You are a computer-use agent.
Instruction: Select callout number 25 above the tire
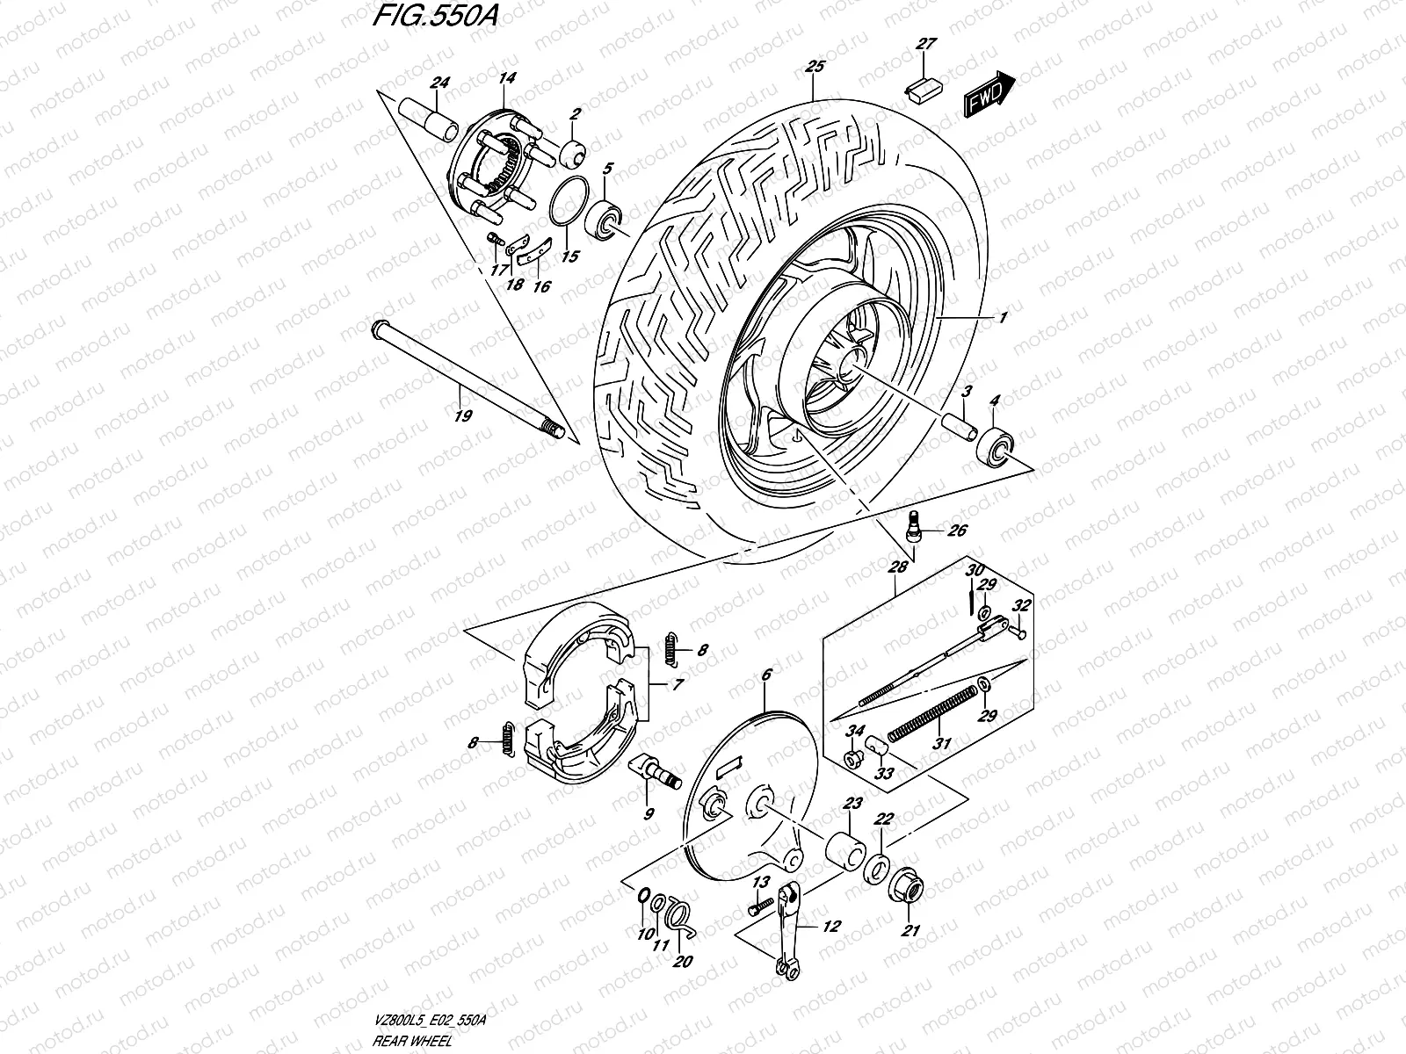[x=815, y=66]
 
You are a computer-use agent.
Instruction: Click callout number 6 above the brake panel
[x=765, y=675]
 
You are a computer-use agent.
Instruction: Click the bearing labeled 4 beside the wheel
[x=995, y=450]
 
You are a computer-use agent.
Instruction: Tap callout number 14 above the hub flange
[x=506, y=77]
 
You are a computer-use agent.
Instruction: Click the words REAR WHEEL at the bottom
[x=411, y=1041]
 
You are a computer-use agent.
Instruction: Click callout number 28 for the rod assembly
[x=896, y=568]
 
